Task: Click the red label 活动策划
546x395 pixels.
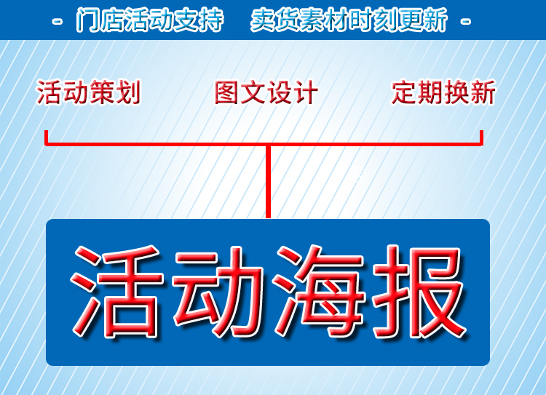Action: click(88, 92)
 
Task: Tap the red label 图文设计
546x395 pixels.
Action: click(266, 92)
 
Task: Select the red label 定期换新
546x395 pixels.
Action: click(443, 92)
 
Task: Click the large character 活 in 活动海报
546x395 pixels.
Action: click(117, 291)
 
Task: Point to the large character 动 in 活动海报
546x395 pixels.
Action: click(218, 291)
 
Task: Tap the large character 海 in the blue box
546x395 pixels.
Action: click(320, 291)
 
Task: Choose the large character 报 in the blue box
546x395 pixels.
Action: click(419, 291)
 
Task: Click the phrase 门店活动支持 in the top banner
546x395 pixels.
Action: click(150, 20)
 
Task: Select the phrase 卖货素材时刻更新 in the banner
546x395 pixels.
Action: click(349, 20)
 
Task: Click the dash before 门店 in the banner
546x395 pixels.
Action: click(57, 22)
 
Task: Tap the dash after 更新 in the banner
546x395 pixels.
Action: click(466, 22)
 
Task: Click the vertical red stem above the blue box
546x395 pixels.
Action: click(268, 181)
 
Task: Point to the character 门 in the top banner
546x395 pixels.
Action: click(87, 20)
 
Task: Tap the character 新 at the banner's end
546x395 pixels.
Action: click(436, 20)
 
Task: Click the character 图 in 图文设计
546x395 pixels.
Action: click(226, 92)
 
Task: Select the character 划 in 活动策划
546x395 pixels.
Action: click(128, 92)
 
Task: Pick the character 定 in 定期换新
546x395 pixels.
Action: click(404, 92)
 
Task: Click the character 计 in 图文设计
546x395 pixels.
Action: click(306, 92)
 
